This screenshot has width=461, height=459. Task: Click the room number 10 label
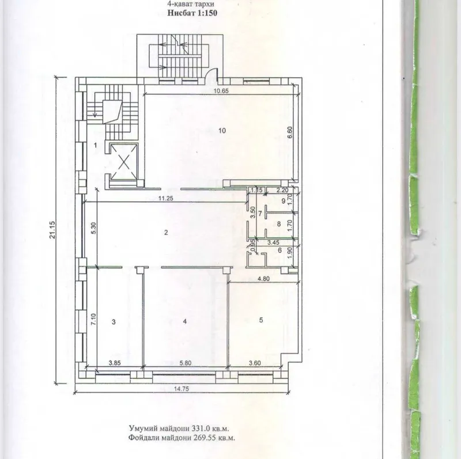point(222,130)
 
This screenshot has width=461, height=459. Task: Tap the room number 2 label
point(166,233)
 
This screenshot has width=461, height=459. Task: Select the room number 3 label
point(114,322)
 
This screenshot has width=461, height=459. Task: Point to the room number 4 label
point(184,321)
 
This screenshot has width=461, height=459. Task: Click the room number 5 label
point(262,320)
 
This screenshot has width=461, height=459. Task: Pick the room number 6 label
point(280,251)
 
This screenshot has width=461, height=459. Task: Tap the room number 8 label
point(279,224)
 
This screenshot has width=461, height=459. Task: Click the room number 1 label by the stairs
point(95,145)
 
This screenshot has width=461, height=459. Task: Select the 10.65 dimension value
point(221,91)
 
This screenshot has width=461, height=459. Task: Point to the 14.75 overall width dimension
point(182,389)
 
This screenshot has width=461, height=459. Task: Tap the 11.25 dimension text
point(166,198)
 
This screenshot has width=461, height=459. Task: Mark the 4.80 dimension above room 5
point(264,279)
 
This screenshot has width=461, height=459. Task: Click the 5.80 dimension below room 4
point(185,363)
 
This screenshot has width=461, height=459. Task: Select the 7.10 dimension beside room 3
point(93,319)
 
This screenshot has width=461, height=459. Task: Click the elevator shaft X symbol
point(124,161)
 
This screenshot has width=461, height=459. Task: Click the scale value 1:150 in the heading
point(205,13)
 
